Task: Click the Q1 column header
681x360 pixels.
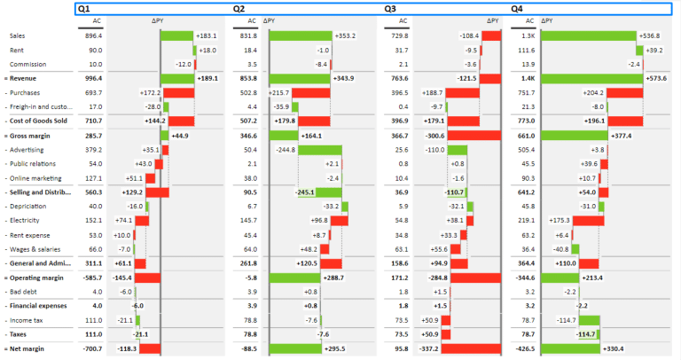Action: point(83,8)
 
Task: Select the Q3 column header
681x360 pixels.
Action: point(390,8)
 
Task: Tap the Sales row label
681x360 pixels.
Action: point(17,35)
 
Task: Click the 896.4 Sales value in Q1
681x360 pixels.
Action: point(94,35)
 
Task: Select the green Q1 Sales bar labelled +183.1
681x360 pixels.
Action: point(177,35)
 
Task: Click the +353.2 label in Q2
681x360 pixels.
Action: point(345,35)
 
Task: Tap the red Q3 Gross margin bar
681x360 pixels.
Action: point(475,136)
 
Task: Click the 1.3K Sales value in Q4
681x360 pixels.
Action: point(528,35)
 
